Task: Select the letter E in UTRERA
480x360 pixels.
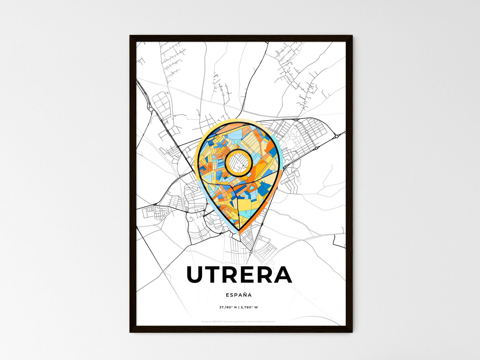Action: (251, 275)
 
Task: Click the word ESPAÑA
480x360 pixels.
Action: (239, 295)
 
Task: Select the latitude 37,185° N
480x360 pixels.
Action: (228, 307)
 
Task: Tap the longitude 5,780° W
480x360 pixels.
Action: (249, 307)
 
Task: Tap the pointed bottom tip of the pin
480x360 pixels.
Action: (239, 231)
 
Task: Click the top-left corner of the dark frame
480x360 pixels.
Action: (131, 36)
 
